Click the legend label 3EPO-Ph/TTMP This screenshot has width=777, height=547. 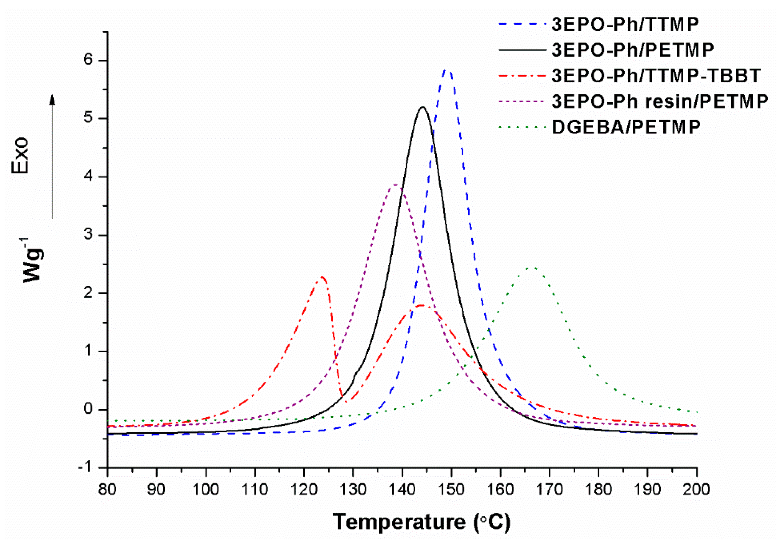pos(625,25)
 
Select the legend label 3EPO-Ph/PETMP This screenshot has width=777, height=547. pos(633,50)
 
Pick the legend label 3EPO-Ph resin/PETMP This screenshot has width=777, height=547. pos(659,101)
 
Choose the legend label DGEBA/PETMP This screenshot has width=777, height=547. pos(626,127)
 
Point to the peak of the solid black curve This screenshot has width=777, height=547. pos(422,107)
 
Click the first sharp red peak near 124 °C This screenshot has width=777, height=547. pos(322,277)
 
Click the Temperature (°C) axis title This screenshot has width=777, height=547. pos(421,521)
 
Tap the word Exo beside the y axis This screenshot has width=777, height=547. pos(20,155)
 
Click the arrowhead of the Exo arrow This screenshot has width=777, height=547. pos(52,99)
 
